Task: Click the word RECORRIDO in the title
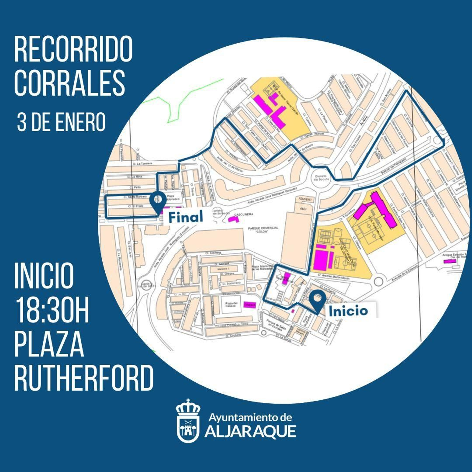click(x=73, y=49)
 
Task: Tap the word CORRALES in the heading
click(x=70, y=83)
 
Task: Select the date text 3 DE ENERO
click(x=61, y=122)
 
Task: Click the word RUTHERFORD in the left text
click(x=84, y=378)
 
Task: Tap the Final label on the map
click(x=186, y=217)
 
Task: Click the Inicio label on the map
click(x=348, y=311)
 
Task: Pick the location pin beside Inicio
click(x=318, y=300)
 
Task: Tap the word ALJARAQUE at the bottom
click(x=250, y=432)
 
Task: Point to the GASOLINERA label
click(x=243, y=214)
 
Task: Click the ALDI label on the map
click(x=303, y=209)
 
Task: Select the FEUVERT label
click(x=305, y=199)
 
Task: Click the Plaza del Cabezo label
click(x=231, y=304)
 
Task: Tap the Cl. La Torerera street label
click(x=142, y=163)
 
